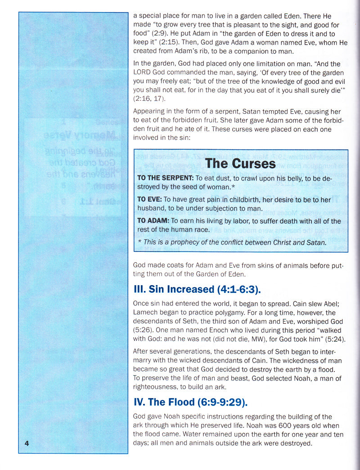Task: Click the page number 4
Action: [x=27, y=443]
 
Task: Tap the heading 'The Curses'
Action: [x=240, y=163]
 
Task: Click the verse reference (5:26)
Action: [x=143, y=330]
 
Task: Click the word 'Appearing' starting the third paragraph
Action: [x=149, y=112]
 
